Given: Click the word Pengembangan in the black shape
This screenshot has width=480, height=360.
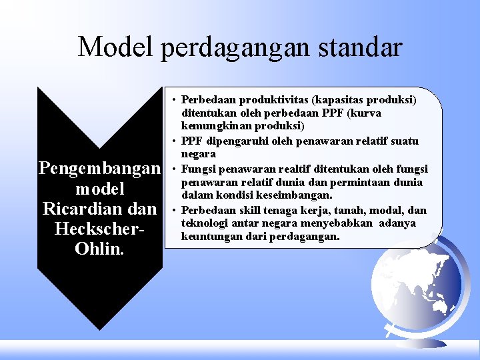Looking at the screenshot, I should [x=101, y=167].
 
